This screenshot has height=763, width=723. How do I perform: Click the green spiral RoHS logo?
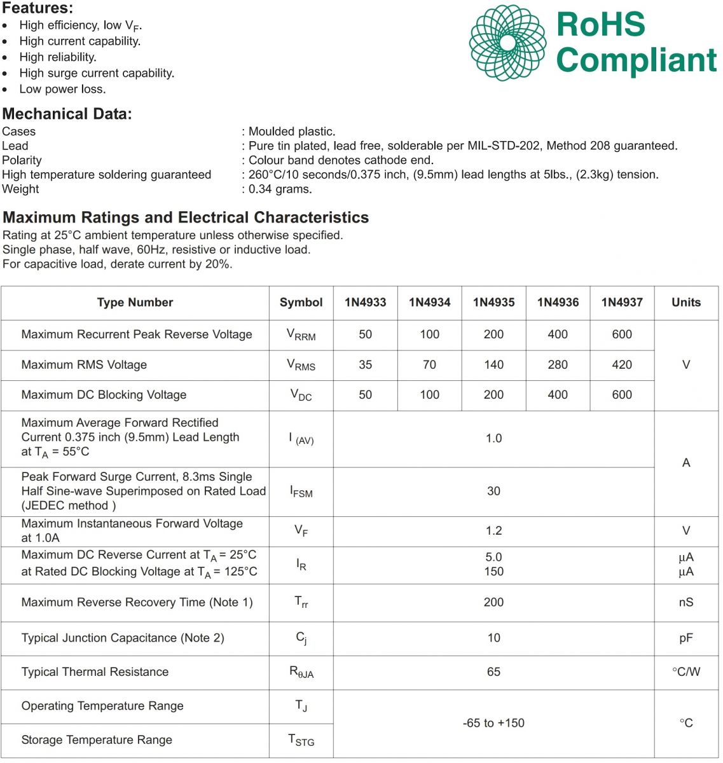coord(507,43)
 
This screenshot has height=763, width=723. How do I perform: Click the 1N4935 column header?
coord(493,303)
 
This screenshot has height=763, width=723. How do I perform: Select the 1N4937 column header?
coord(622,303)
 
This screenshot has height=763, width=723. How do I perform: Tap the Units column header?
coord(685,303)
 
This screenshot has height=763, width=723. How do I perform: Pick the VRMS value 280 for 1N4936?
coord(558,365)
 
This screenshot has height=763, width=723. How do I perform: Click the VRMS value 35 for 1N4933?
coord(365,365)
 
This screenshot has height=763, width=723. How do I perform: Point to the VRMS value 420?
coord(622,365)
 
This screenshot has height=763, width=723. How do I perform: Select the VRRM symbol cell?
coord(301,335)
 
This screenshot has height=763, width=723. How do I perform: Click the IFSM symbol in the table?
coord(301,491)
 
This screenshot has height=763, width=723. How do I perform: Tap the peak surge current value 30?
coord(493,491)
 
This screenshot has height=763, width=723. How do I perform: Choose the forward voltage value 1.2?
coord(493,531)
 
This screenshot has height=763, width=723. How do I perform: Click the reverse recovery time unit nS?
coord(685,603)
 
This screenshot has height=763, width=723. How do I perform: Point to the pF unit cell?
coord(685,638)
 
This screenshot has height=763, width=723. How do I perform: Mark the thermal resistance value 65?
coord(493,672)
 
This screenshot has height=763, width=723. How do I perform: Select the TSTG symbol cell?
coord(301,740)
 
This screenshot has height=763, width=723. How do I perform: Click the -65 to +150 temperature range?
coord(493,724)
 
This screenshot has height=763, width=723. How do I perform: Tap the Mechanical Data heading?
coord(67,114)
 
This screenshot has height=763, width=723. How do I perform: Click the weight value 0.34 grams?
coord(280,189)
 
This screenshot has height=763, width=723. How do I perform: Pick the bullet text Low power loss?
coord(62,90)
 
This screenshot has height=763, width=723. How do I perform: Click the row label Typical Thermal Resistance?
coord(95,672)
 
